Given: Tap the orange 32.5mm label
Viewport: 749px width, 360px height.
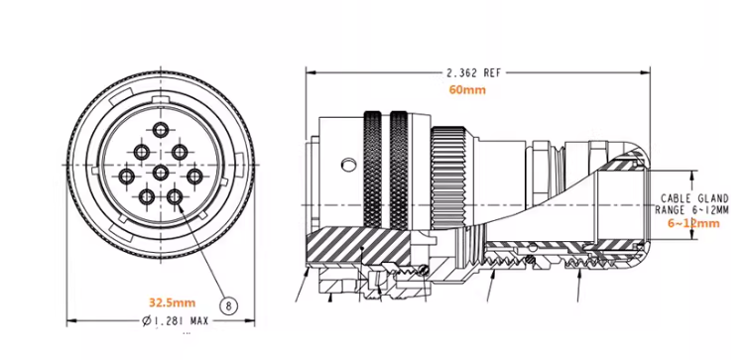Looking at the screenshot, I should point(173,301).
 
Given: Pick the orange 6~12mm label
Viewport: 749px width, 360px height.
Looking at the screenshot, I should point(693,225).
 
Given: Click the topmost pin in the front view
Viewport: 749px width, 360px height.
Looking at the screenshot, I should point(160,131).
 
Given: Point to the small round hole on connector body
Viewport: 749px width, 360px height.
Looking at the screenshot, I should point(345,163).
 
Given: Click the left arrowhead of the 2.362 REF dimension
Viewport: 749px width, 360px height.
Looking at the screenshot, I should point(311,72).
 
